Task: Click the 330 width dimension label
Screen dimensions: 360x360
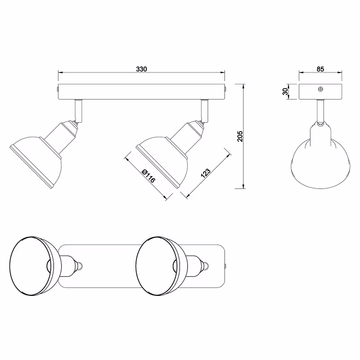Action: tap(141, 69)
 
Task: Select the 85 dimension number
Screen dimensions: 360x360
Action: tap(320, 69)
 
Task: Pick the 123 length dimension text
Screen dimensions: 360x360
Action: tap(205, 173)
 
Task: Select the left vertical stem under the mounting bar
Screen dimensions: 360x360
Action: tap(79, 109)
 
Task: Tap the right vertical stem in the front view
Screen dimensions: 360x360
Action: tap(205, 109)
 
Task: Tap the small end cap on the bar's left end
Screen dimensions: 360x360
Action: tap(57, 89)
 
